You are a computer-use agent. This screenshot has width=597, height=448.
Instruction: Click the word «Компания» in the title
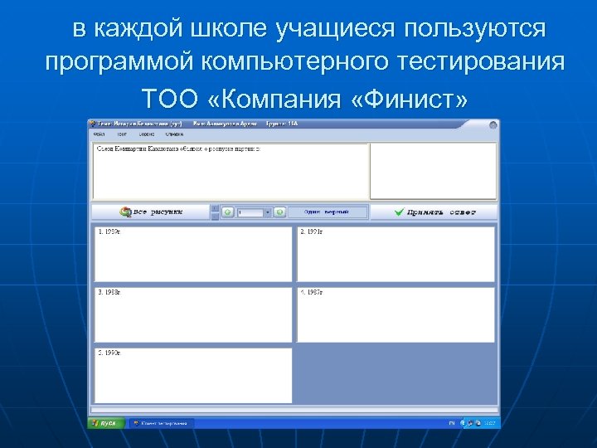tap(279, 100)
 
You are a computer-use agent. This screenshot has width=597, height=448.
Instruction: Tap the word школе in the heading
tap(226, 29)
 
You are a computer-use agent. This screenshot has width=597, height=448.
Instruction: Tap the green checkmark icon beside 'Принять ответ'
tap(399, 212)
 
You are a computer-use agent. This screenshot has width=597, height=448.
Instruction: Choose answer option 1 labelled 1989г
tap(193, 254)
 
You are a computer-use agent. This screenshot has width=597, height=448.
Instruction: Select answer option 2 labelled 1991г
tap(396, 254)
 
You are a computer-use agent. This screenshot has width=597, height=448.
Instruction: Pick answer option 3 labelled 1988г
tap(193, 314)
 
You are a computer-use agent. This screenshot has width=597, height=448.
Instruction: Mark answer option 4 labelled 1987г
tap(396, 314)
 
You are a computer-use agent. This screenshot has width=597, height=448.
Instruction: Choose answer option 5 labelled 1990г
tap(193, 375)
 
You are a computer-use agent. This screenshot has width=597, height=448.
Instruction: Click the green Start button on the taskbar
tap(106, 423)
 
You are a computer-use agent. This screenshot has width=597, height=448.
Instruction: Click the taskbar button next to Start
tap(161, 423)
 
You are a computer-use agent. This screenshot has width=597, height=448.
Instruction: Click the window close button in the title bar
tap(495, 124)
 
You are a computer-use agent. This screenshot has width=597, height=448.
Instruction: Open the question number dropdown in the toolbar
tap(268, 212)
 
